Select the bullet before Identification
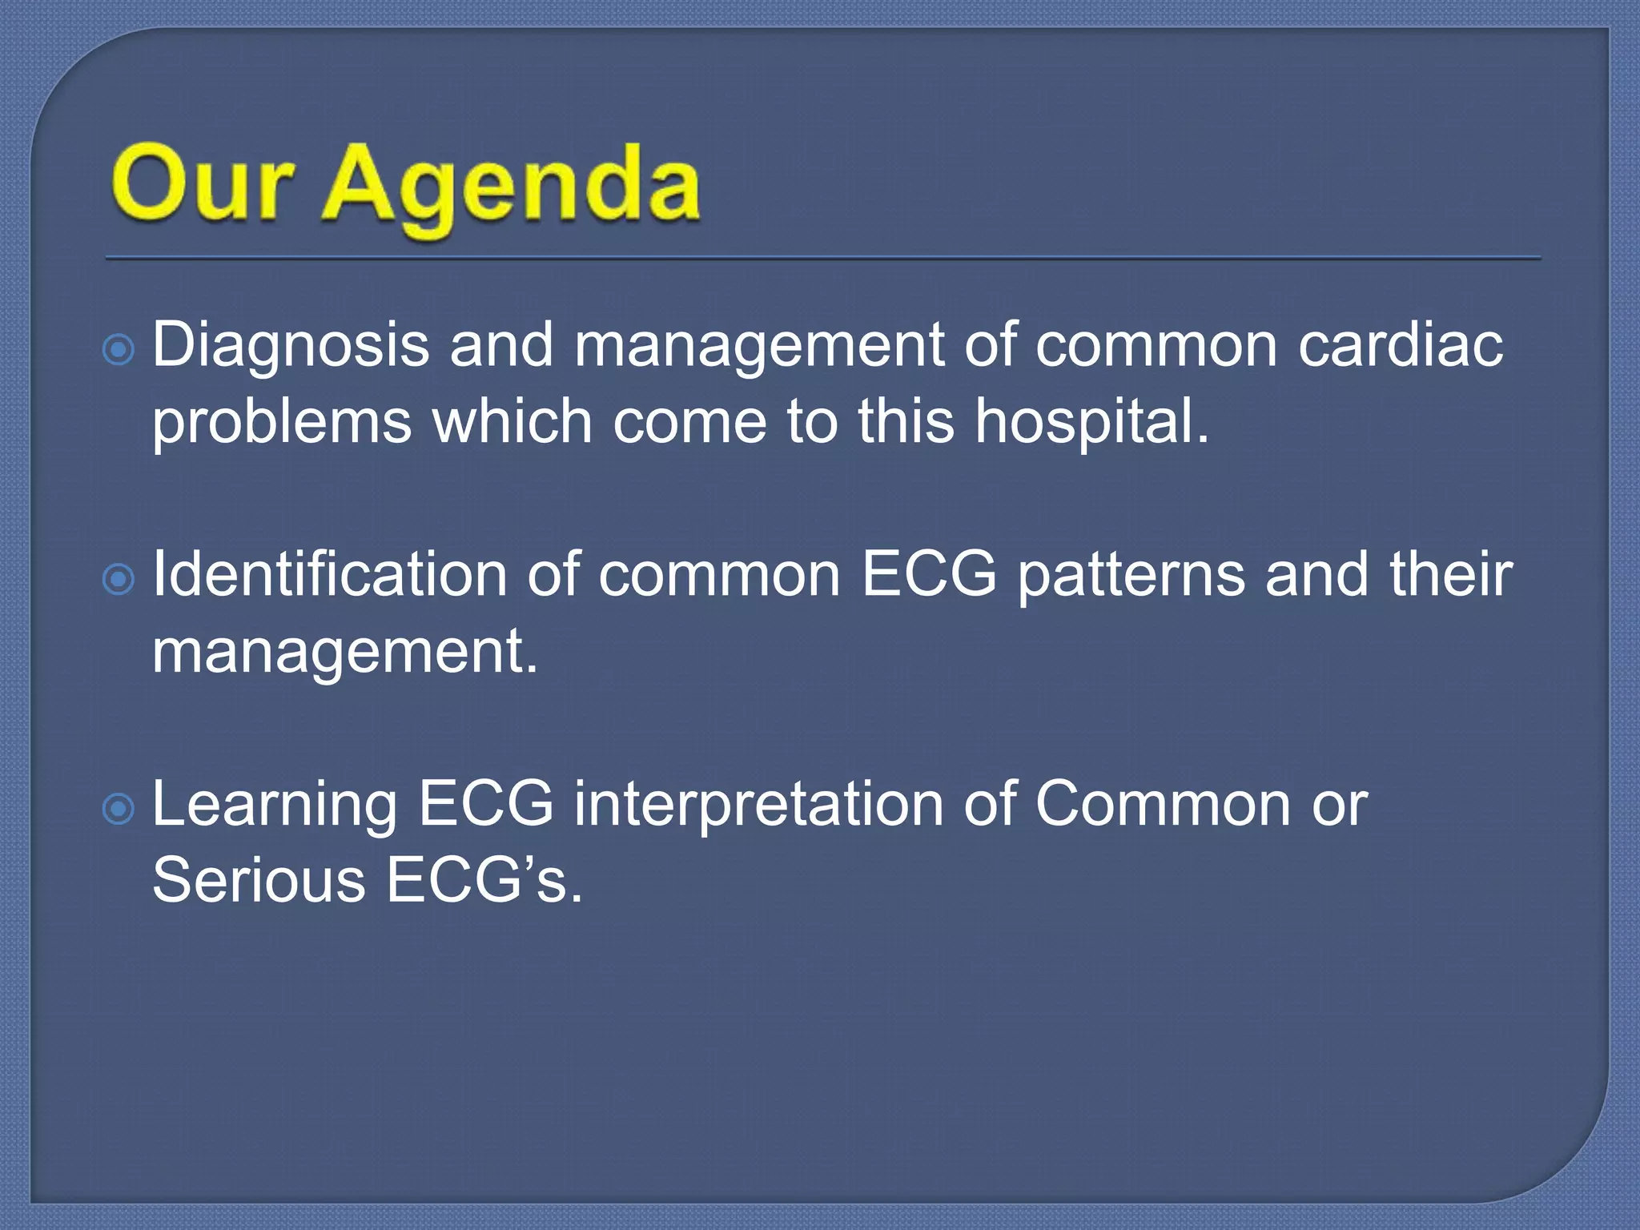(119, 579)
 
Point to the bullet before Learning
(119, 810)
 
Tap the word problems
(282, 423)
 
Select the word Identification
(329, 574)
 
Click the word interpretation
(758, 805)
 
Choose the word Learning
(275, 806)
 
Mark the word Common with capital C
(1163, 804)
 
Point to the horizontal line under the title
(823, 259)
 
